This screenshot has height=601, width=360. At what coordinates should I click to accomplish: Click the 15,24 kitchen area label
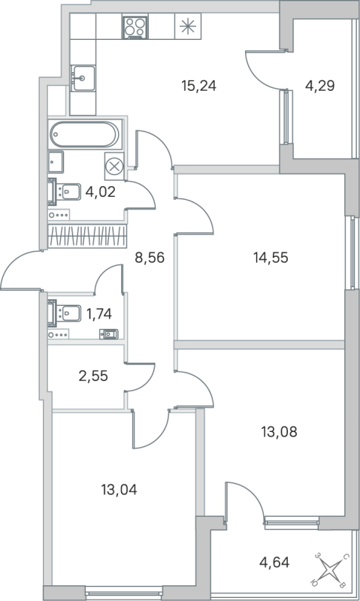[x=198, y=85]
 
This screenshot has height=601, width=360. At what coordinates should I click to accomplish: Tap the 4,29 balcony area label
[x=319, y=85]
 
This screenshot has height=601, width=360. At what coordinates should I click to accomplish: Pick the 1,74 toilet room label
[x=99, y=314]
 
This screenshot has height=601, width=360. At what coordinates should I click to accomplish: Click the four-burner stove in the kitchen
[x=136, y=27]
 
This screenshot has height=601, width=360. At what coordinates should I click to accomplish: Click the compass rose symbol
[x=331, y=569]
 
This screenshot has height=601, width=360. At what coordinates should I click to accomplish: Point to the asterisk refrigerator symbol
[x=186, y=27]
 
